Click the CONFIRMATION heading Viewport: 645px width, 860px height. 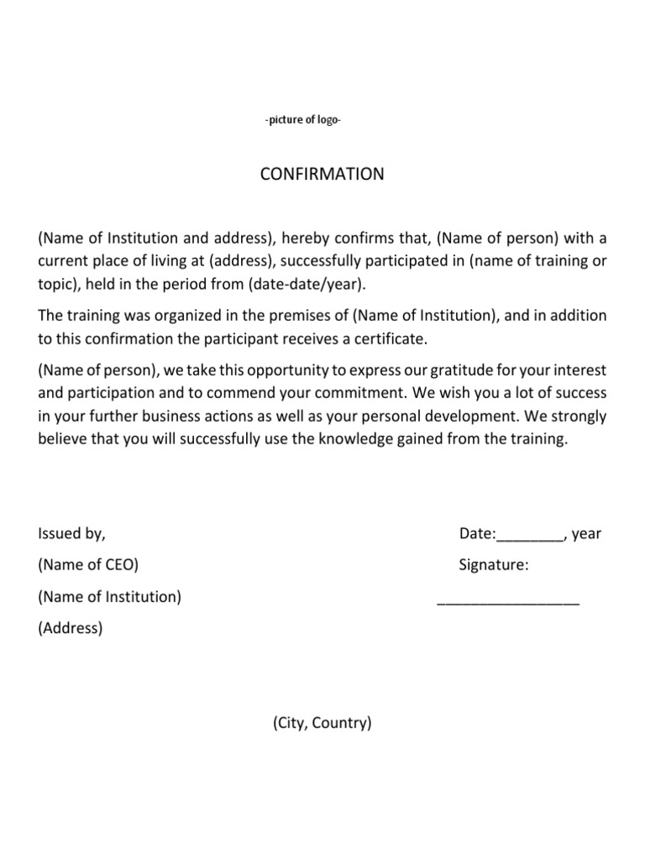pyautogui.click(x=322, y=175)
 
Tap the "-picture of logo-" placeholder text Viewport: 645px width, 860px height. pyautogui.click(x=302, y=120)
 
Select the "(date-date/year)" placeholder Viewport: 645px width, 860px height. pyautogui.click(x=308, y=284)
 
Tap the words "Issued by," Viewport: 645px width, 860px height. pyautogui.click(x=72, y=533)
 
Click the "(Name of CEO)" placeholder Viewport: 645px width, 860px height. pyautogui.click(x=88, y=565)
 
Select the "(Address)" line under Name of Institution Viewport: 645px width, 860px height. pyautogui.click(x=71, y=628)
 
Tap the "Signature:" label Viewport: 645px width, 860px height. pyautogui.click(x=494, y=565)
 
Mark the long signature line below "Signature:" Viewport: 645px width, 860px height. pyautogui.click(x=508, y=602)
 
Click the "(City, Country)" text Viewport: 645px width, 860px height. pyautogui.click(x=322, y=722)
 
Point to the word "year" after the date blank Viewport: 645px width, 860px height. pyautogui.click(x=586, y=533)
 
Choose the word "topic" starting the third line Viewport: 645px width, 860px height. pyautogui.click(x=55, y=284)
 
